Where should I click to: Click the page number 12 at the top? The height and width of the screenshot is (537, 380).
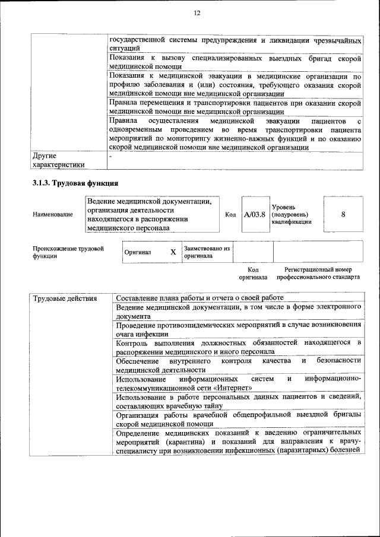[197, 13]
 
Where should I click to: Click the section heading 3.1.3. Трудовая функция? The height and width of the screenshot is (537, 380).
[75, 183]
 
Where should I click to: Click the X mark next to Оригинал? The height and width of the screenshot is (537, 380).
[173, 252]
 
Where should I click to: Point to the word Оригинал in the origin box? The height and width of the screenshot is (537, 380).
[138, 252]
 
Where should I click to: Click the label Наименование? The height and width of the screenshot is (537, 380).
[53, 214]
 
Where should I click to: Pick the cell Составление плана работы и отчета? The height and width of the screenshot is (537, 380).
[199, 297]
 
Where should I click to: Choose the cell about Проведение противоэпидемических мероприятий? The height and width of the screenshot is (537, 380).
[238, 329]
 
